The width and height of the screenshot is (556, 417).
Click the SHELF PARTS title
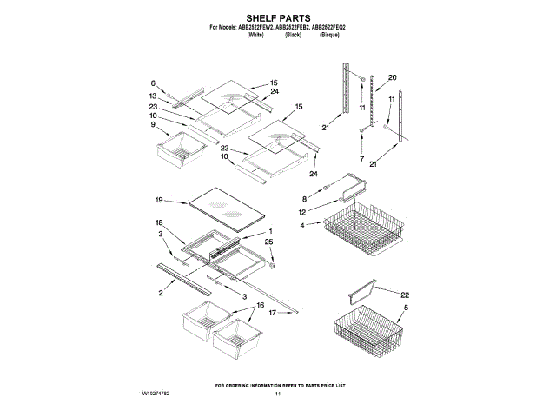point(278,17)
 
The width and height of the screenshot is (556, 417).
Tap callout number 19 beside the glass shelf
point(158,201)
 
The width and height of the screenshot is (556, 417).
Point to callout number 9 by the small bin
point(154,124)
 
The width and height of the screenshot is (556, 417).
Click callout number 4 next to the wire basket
point(303,226)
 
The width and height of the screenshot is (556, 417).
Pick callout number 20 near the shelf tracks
point(392,78)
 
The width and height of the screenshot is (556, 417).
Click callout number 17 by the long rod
point(272,313)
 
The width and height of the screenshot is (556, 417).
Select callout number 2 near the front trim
point(161,294)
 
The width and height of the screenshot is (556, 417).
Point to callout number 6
point(153,83)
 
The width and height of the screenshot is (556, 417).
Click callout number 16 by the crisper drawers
point(260,307)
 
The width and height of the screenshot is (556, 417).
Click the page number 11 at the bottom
point(278,394)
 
